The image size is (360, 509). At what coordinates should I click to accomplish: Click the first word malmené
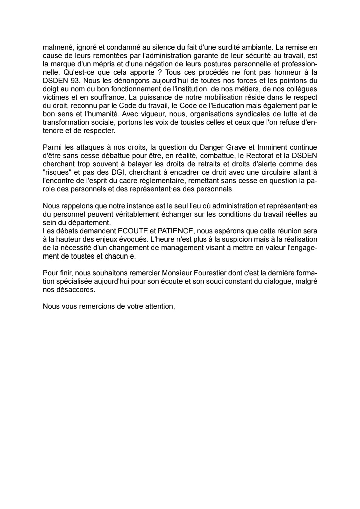[x=55, y=47]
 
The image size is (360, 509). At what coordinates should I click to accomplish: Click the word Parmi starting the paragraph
[x=51, y=147]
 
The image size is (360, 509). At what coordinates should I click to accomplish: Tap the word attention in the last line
[x=159, y=306]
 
